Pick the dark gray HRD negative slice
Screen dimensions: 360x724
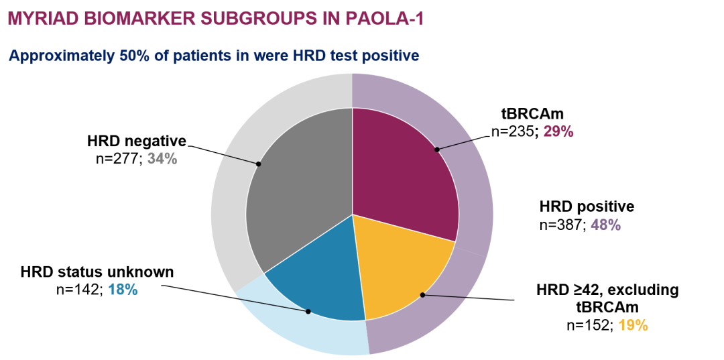[x=295, y=201]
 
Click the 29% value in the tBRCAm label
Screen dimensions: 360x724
[x=558, y=132]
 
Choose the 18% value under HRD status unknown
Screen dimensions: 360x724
[x=123, y=290]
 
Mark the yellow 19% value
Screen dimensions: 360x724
[x=633, y=325]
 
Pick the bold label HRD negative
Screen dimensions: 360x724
[x=136, y=141]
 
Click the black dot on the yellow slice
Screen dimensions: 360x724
[x=422, y=294]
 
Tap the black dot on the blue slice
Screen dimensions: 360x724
[x=308, y=311]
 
